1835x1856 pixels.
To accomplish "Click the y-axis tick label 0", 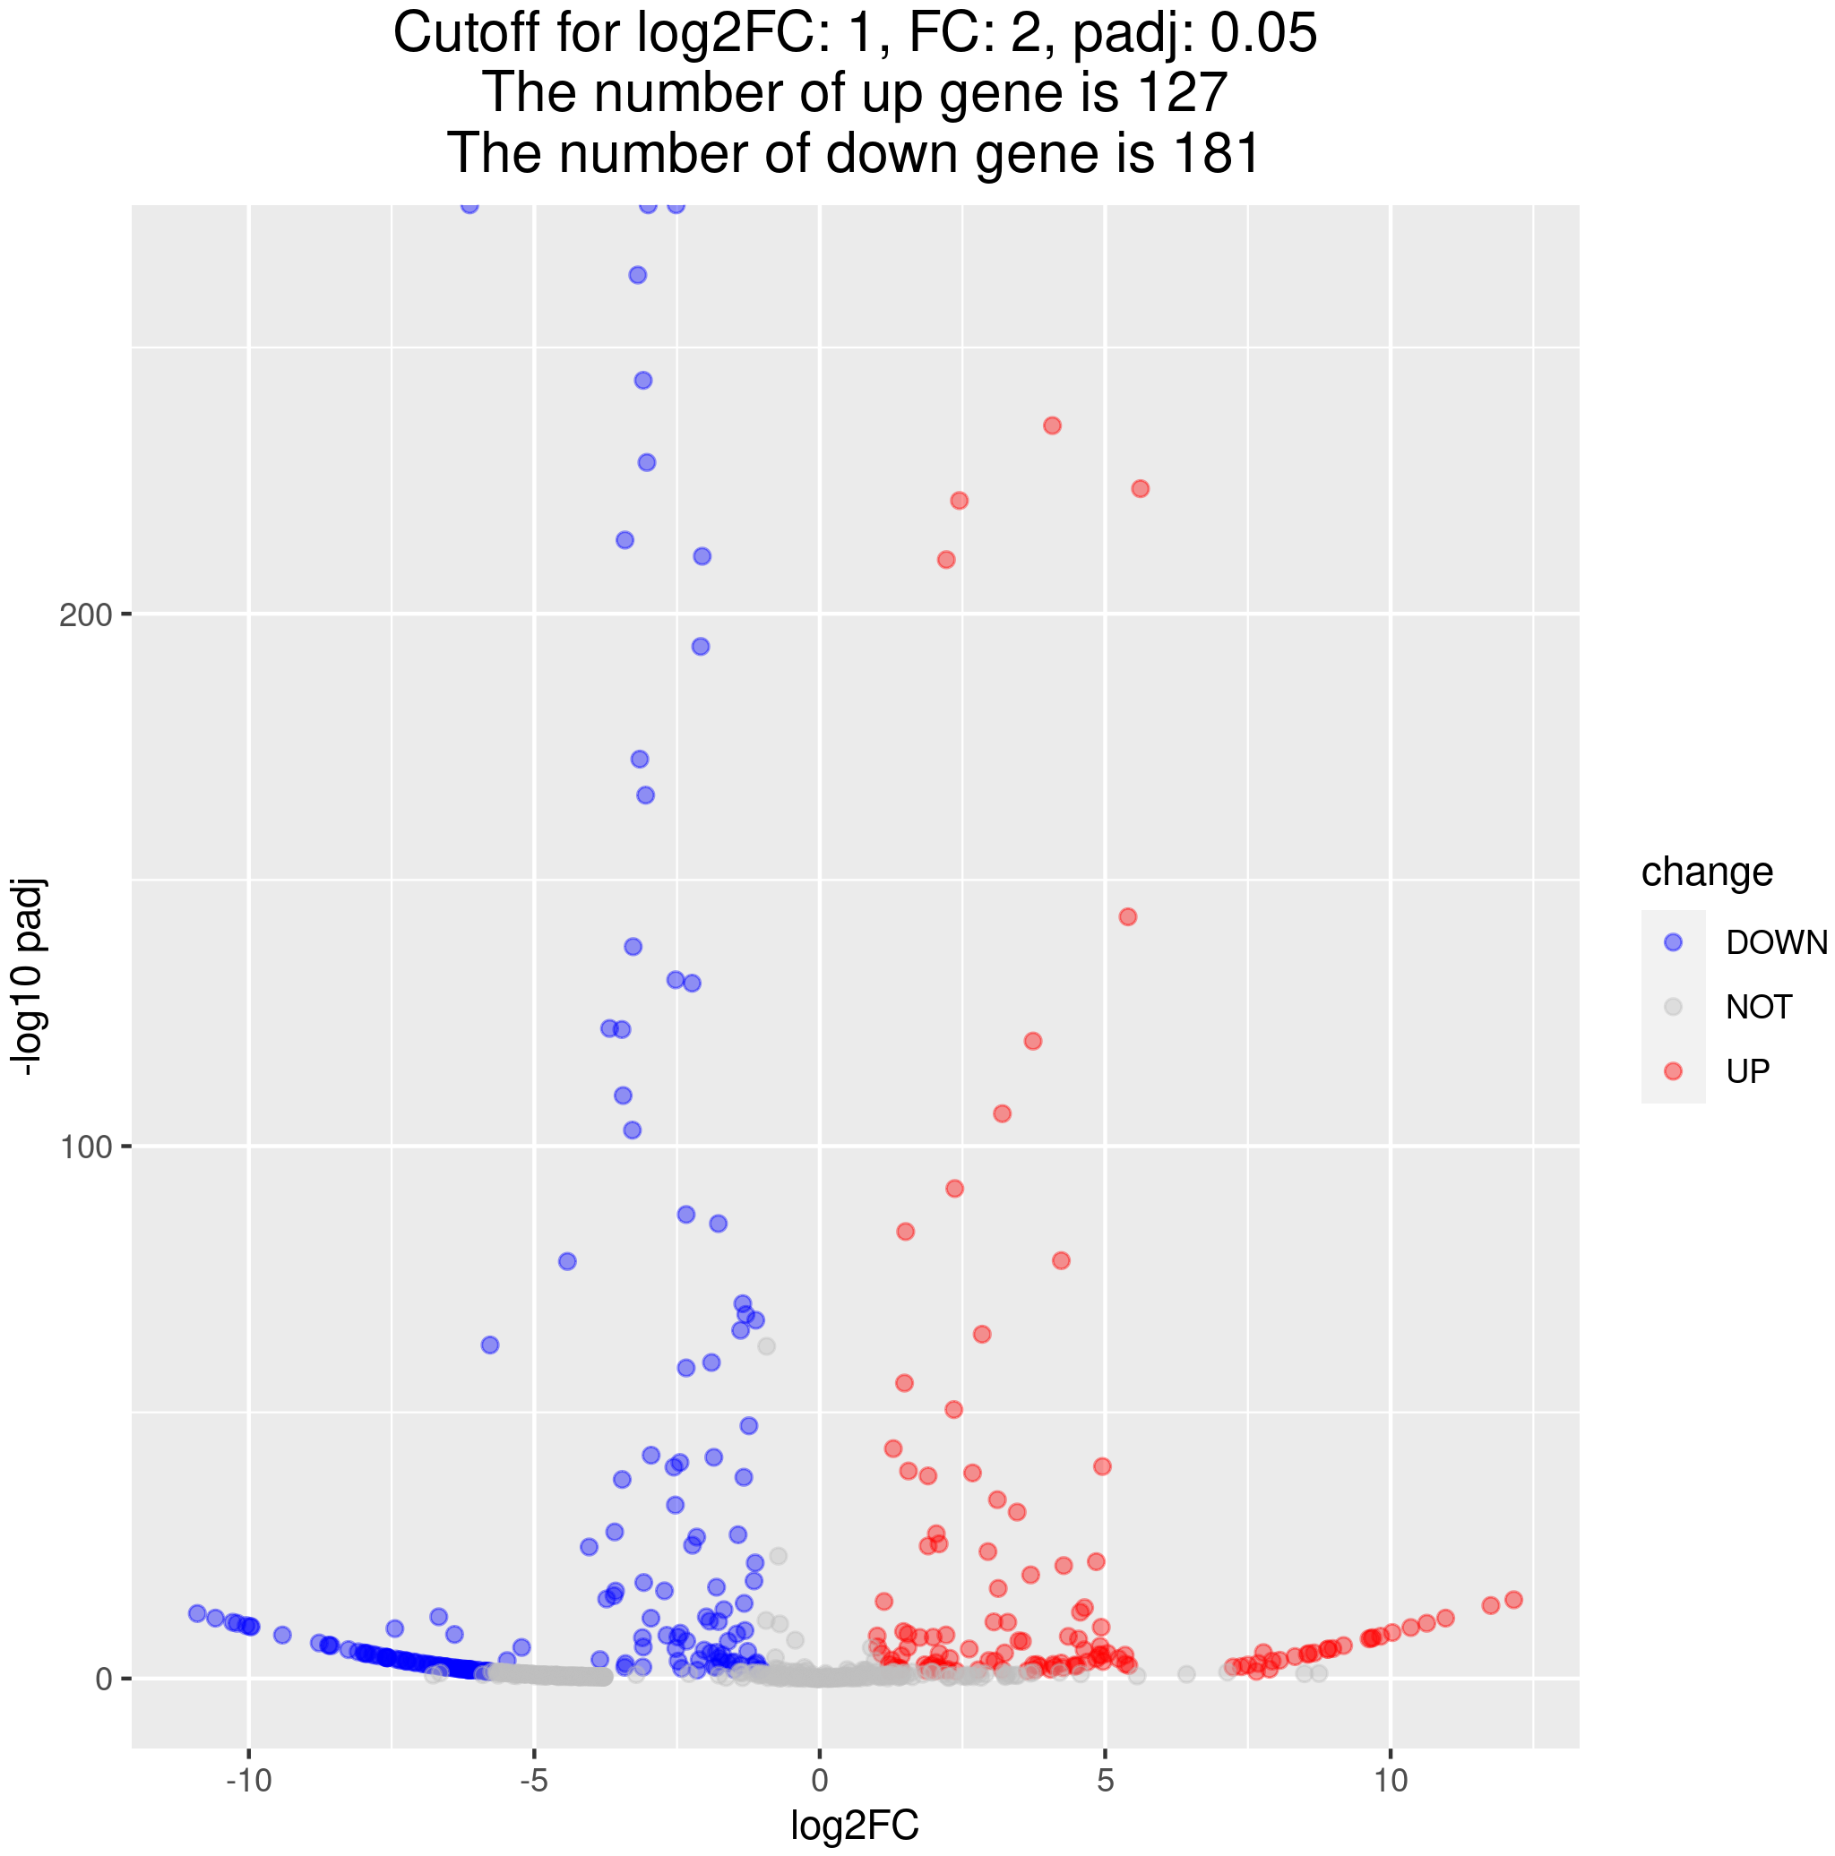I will click(104, 1680).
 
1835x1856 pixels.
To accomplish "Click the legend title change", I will click(1706, 872).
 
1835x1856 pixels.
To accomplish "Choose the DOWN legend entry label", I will click(1777, 942).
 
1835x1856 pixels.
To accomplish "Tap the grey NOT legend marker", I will click(1673, 1007).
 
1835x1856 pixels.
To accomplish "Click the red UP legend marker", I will click(1673, 1071).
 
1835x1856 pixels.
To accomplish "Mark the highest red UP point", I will click(1052, 425).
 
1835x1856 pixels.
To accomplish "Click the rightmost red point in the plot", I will click(1513, 1600).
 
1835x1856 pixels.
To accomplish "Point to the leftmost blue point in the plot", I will click(197, 1613).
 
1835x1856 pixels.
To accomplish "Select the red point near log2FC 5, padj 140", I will click(1128, 916).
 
